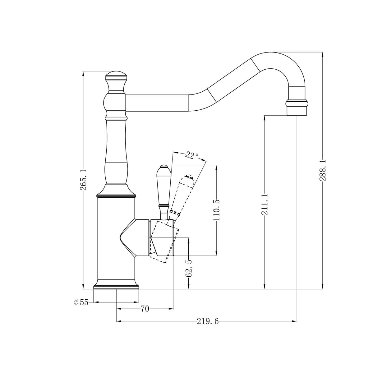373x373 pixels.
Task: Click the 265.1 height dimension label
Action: [x=83, y=179]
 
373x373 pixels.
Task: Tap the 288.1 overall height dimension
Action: [x=323, y=170]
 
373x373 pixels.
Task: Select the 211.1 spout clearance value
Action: [x=265, y=204]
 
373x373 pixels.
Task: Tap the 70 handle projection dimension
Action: [x=145, y=309]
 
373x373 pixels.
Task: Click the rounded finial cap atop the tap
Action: [x=116, y=76]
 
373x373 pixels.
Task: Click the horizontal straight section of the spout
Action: [x=157, y=103]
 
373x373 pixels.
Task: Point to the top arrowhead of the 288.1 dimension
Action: [x=322, y=54]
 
